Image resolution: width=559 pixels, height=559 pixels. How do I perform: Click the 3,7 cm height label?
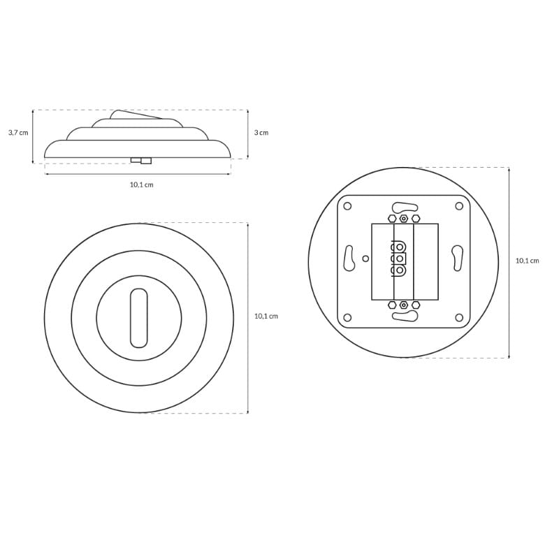click(x=18, y=133)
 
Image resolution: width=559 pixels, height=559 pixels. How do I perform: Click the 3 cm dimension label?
click(x=261, y=133)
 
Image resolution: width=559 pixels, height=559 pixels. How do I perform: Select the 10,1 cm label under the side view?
click(x=142, y=184)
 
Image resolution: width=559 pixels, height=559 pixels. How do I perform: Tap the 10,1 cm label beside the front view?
click(x=266, y=317)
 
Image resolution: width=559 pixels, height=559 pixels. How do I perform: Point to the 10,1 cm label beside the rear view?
click(x=528, y=261)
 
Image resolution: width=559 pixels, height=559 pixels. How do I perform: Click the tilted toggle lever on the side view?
click(x=136, y=115)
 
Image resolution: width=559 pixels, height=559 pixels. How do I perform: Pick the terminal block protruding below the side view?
click(x=141, y=161)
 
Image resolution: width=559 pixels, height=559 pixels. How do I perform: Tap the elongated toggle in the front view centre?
click(x=138, y=318)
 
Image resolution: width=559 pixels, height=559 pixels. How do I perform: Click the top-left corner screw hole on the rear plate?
click(x=347, y=206)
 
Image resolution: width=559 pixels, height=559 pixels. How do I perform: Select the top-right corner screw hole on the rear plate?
click(x=459, y=206)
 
